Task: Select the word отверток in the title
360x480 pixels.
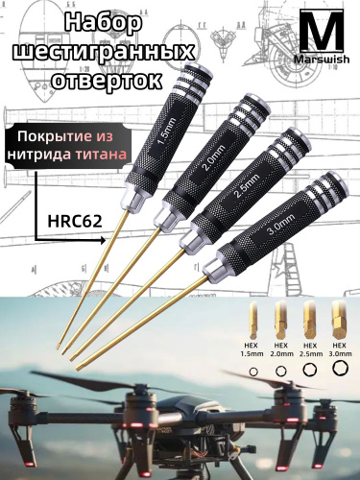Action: [108, 80]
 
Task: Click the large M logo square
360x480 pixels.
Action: [323, 31]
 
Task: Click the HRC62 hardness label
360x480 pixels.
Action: [75, 222]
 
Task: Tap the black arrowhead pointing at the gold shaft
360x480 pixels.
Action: [103, 241]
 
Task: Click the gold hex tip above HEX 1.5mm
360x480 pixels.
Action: [252, 320]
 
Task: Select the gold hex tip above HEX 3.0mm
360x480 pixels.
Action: [339, 320]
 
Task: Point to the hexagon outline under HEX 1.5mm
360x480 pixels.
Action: [253, 372]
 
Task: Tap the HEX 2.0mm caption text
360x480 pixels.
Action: [281, 349]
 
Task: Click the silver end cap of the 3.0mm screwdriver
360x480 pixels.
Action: [338, 180]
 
